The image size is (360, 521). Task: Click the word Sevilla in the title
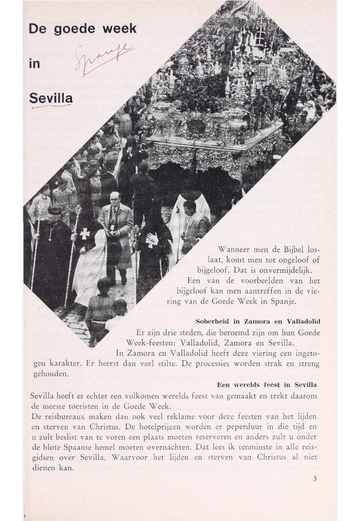(51, 98)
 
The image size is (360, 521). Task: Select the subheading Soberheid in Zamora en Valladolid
(258, 321)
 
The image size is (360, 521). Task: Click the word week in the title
(120, 29)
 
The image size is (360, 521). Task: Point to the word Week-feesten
(150, 342)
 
